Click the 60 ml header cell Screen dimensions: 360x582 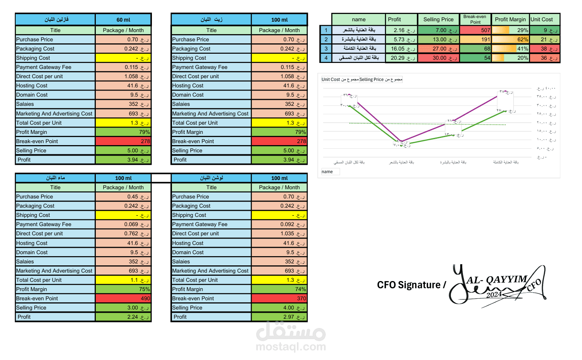pos(123,20)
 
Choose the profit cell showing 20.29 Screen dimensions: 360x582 pos(401,58)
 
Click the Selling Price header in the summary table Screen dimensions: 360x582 pos(438,19)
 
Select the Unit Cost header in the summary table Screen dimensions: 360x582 pos(542,19)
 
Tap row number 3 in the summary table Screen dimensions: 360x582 pos(326,49)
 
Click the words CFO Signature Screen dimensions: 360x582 pos(408,285)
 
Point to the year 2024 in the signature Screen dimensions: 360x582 pos(494,295)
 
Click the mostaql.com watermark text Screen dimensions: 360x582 pos(291,347)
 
